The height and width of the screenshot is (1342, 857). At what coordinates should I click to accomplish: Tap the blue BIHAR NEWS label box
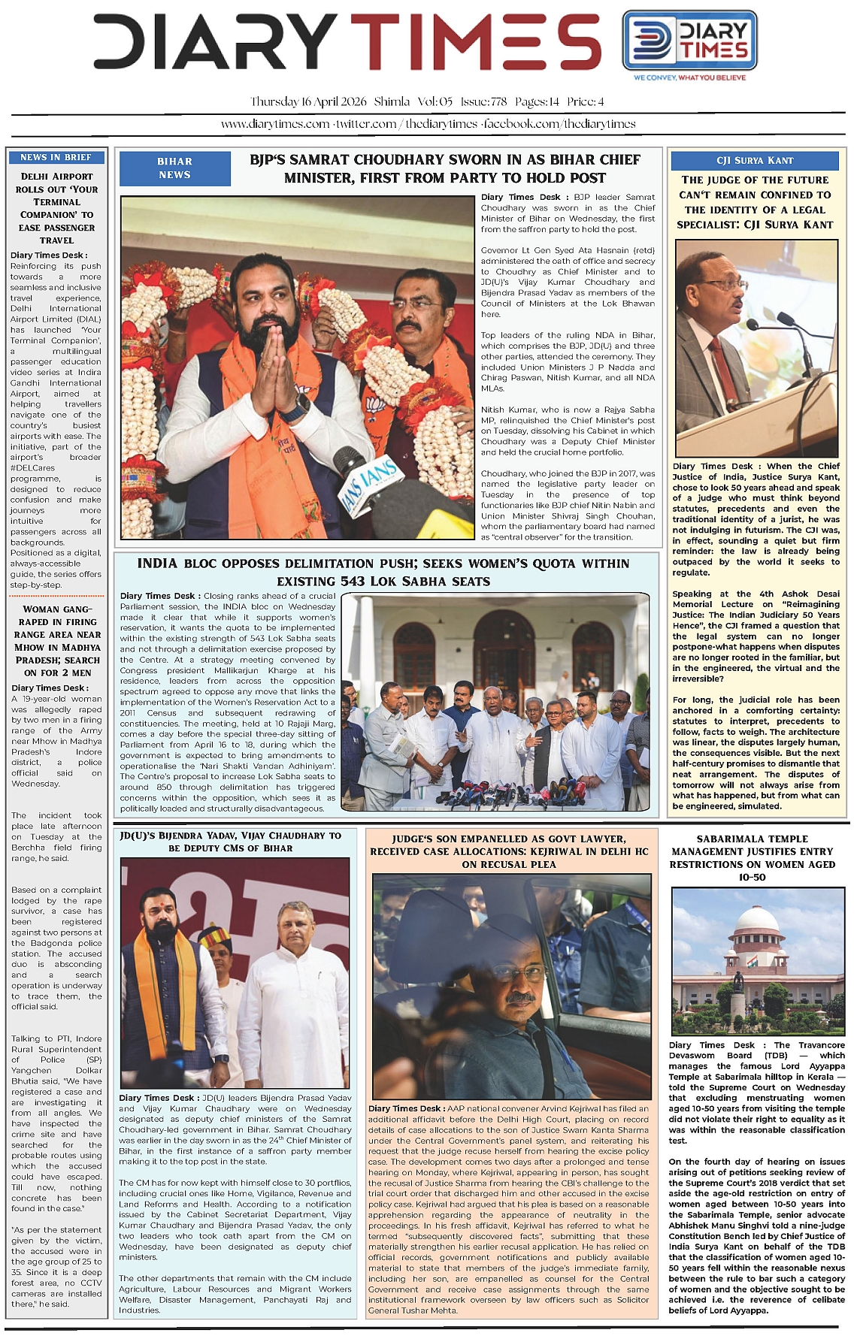coord(174,168)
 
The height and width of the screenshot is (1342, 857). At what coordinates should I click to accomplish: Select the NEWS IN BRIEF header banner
coord(56,157)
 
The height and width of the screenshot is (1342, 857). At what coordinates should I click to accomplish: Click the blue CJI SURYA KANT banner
coord(755,160)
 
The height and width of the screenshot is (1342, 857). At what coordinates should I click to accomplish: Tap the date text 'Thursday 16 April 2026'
coord(308,101)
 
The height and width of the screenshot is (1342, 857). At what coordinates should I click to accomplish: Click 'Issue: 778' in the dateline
coord(483,101)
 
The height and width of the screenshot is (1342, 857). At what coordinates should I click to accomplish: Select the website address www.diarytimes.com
coord(275,124)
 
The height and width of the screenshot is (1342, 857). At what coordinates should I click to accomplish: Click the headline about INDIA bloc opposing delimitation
coord(383,572)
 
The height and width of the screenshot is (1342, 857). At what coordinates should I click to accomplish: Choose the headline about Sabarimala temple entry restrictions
coord(752,858)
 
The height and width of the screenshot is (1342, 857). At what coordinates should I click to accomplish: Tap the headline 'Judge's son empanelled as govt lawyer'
coord(508,851)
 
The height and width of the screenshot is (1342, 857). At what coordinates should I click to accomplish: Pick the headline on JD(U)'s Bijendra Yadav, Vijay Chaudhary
coord(230,842)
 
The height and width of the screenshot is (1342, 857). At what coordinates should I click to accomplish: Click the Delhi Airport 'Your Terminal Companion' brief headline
coord(56,208)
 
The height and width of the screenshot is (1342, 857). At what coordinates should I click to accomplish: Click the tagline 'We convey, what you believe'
coord(689,77)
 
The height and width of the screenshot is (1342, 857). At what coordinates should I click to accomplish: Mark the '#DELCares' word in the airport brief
coord(32,467)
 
